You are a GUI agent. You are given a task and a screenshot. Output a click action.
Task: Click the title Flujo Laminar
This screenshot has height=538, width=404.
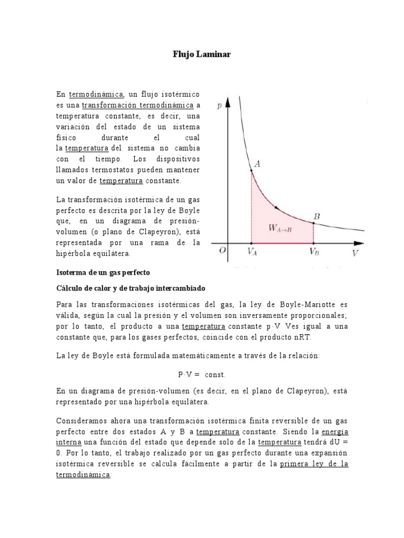[201, 54]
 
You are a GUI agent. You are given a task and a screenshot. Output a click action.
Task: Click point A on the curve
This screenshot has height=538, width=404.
[251, 170]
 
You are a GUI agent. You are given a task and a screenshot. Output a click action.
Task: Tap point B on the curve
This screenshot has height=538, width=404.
[314, 223]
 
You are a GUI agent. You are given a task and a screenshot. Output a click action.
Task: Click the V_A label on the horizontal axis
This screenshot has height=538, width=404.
[252, 252]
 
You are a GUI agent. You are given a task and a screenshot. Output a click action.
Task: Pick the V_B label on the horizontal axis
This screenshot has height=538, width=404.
[314, 252]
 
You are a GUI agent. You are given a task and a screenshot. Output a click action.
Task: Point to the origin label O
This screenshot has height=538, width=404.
[223, 251]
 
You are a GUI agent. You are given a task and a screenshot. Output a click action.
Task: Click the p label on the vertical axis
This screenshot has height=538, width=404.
[219, 105]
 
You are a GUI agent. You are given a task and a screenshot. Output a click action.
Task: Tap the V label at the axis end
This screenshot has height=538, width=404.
[356, 253]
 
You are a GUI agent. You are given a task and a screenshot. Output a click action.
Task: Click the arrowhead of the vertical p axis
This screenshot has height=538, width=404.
[228, 101]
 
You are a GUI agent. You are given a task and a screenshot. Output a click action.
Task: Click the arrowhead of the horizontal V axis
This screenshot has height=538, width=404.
[359, 243]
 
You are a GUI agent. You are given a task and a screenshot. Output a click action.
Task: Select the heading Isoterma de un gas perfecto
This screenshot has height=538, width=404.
[103, 273]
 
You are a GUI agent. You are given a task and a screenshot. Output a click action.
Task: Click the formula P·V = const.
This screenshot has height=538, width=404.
[201, 375]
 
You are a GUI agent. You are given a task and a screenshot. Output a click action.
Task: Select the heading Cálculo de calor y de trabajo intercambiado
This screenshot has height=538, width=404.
[130, 289]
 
